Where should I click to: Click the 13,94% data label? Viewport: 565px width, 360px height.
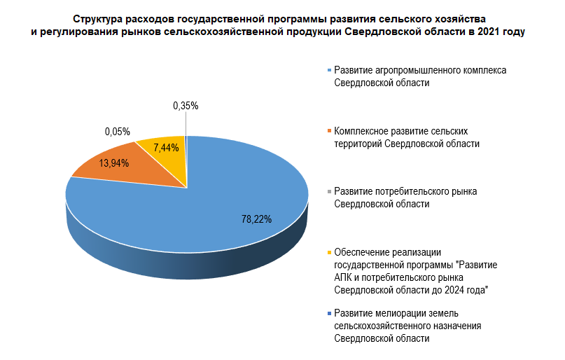point(114,162)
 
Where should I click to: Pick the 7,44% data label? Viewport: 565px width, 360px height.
point(166,148)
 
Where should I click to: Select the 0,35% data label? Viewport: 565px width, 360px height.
point(186,106)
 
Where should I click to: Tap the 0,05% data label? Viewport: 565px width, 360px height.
point(118,131)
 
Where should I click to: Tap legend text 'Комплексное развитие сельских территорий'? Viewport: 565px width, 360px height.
point(407,137)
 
